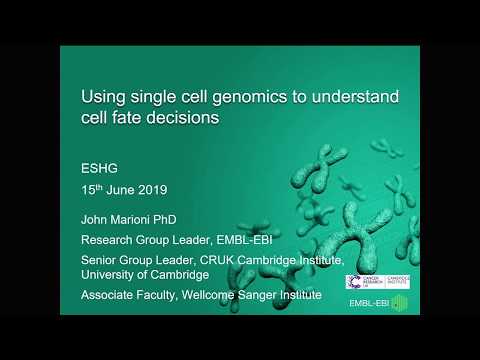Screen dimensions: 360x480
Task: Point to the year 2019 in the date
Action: coord(151,190)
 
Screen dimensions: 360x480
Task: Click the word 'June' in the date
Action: coord(120,190)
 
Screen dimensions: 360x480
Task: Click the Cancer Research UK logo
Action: coord(359,282)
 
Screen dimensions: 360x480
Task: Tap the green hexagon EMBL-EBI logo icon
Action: coord(399,303)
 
